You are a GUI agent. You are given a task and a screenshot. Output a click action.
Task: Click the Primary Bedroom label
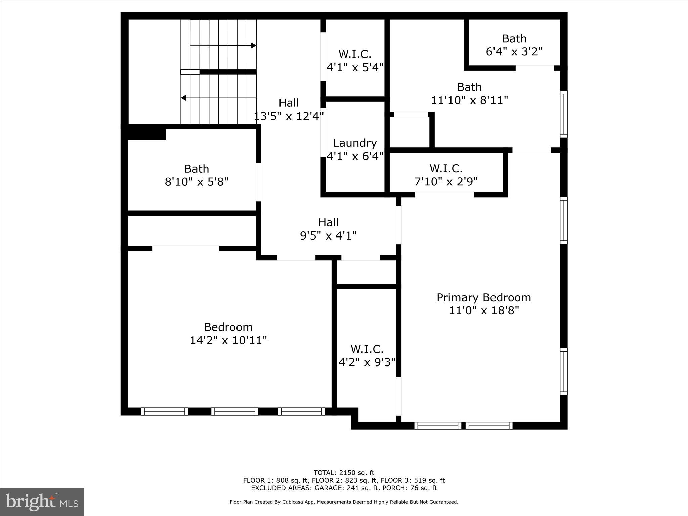tap(484, 297)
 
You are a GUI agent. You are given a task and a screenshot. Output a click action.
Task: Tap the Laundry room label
tap(355, 143)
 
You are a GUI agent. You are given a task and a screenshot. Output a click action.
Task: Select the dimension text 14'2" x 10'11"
tap(228, 340)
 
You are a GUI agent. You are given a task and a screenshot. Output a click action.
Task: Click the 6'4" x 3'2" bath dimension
tap(514, 52)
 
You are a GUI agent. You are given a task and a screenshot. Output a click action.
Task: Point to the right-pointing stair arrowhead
tap(254, 45)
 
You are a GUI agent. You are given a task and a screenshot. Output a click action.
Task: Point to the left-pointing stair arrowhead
tap(183, 98)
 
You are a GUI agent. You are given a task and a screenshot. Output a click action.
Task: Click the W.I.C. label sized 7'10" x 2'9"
tap(446, 168)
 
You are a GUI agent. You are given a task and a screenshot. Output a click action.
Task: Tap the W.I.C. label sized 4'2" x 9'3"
tap(367, 349)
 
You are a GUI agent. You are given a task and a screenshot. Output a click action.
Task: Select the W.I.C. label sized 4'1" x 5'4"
tap(355, 54)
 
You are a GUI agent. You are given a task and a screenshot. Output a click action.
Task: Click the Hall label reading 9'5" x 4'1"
tap(328, 222)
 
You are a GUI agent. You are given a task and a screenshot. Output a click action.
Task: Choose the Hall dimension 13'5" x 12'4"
tap(289, 116)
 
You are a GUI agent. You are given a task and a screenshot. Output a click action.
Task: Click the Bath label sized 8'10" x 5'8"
tap(197, 169)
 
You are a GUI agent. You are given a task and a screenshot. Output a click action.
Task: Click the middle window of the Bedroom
tap(235, 412)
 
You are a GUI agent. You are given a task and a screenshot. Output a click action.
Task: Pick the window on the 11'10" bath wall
tap(564, 114)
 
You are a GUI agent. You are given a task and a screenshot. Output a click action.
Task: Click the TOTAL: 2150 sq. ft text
tap(344, 473)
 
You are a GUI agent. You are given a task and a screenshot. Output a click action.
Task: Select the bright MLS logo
tap(42, 502)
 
